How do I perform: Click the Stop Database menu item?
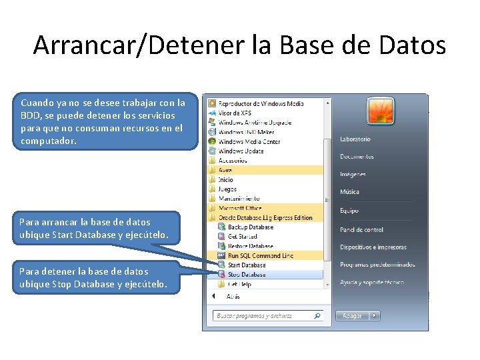tap(246, 275)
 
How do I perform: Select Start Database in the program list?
tap(247, 265)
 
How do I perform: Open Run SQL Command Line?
tap(260, 256)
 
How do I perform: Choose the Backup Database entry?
tap(250, 227)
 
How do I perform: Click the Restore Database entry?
tap(250, 246)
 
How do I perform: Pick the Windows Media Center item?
tap(249, 141)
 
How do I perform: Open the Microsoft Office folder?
tap(240, 208)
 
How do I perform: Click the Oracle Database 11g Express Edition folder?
tap(265, 217)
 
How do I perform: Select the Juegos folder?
tap(227, 189)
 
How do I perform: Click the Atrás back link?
tap(233, 296)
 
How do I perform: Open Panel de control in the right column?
tap(361, 230)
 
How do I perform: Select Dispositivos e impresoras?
tap(373, 247)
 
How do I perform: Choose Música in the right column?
tap(349, 192)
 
